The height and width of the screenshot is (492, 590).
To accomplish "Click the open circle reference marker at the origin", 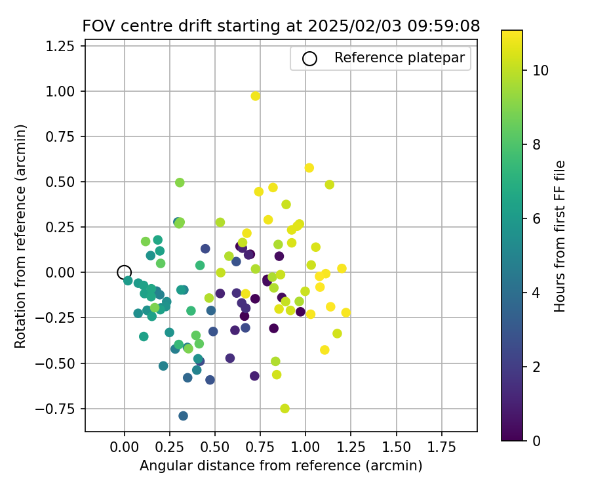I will click(x=125, y=272).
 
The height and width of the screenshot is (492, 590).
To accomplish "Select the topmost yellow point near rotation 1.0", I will click(x=256, y=96).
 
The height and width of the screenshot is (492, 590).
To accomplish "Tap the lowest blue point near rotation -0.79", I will click(x=184, y=416).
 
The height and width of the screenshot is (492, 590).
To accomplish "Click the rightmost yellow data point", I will click(x=346, y=313).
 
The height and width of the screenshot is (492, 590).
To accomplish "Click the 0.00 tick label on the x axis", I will click(x=125, y=447).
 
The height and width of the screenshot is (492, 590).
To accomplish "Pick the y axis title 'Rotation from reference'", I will click(x=21, y=236).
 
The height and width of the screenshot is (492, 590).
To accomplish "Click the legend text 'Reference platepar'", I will click(x=399, y=58).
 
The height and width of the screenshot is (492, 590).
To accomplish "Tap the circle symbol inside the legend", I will click(x=309, y=58).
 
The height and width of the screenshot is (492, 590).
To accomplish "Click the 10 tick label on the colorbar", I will click(x=540, y=70).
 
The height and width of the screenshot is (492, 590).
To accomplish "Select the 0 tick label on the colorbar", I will click(x=536, y=440).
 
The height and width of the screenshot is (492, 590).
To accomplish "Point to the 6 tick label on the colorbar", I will click(x=536, y=218).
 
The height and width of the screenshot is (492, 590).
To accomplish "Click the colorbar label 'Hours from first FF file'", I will click(x=560, y=236).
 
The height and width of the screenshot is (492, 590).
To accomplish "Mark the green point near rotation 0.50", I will click(x=180, y=182).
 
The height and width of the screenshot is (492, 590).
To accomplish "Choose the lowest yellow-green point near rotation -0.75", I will click(x=285, y=409).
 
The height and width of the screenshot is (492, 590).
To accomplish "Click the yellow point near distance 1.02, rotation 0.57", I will click(x=309, y=168).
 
